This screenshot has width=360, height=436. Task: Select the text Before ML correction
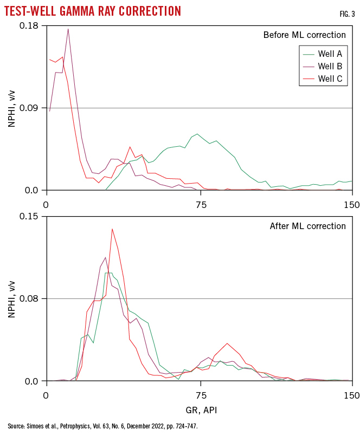point(304,35)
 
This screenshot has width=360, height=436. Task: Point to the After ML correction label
point(307,226)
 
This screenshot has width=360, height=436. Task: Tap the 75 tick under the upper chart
point(201,204)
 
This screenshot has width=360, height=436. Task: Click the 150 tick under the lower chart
point(352,395)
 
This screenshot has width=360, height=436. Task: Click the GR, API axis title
point(200,410)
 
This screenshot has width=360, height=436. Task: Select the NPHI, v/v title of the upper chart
point(12,108)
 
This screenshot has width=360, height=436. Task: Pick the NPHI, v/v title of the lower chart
point(12,298)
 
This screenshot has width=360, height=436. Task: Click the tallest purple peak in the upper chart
point(68,29)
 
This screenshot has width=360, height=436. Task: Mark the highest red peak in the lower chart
point(112,229)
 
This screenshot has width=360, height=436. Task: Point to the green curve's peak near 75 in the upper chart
point(197,134)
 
